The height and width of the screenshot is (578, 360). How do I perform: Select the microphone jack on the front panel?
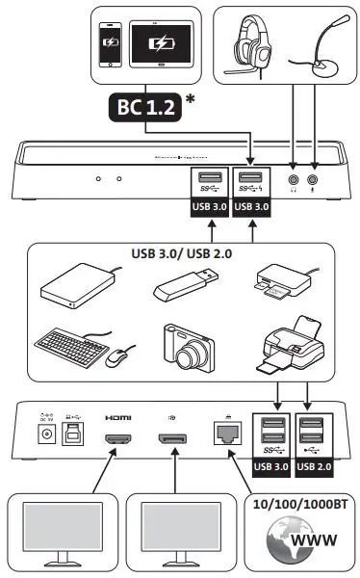click(x=312, y=179)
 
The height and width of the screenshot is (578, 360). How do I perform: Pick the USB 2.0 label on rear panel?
click(x=317, y=468)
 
